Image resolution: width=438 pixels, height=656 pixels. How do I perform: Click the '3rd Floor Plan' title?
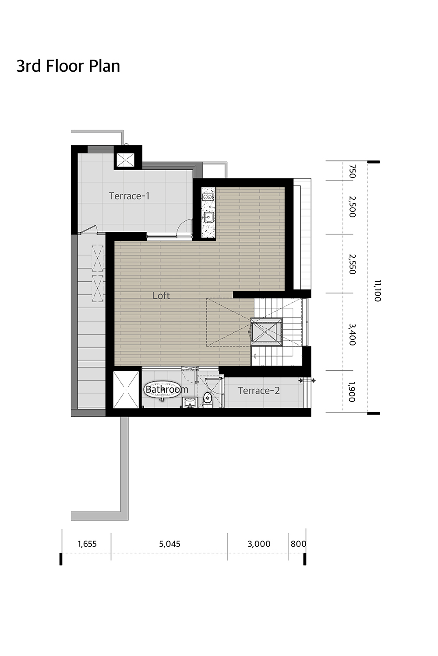point(68,66)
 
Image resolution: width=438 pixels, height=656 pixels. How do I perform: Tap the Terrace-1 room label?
point(129,196)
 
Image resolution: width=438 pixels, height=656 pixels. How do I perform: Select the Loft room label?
point(161,296)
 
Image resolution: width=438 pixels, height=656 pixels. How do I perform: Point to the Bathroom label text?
point(166,390)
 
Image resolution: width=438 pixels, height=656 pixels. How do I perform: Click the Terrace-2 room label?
point(258,391)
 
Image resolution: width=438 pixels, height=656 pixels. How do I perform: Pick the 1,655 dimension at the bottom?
point(87,544)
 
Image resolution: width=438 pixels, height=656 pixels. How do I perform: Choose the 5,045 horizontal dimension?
point(170,544)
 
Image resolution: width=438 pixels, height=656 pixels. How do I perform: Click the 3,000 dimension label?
point(259,544)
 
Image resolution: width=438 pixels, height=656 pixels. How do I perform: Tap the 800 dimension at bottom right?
point(298,544)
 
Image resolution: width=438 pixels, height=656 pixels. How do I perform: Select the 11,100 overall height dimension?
point(378,291)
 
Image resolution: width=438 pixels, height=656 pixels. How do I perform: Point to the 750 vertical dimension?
point(352,171)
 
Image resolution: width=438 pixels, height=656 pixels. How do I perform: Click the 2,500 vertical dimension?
point(352,207)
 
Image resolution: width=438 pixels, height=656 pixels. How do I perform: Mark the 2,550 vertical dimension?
point(352,264)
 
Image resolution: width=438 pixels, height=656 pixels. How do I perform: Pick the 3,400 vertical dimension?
point(352,335)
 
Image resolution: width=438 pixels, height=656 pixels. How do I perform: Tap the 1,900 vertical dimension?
point(352,392)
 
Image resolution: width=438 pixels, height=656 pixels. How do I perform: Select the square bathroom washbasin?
point(191,402)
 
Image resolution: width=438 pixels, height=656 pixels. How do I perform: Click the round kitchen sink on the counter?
point(208,217)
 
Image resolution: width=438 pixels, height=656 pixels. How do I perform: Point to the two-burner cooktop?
point(208,197)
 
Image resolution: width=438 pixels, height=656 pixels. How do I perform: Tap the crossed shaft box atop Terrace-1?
point(126,160)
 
